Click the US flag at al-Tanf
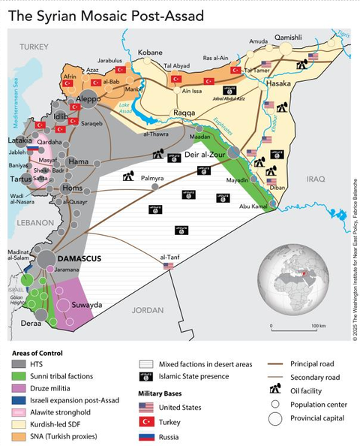pos(168,266)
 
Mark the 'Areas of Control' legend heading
pos(37,351)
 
